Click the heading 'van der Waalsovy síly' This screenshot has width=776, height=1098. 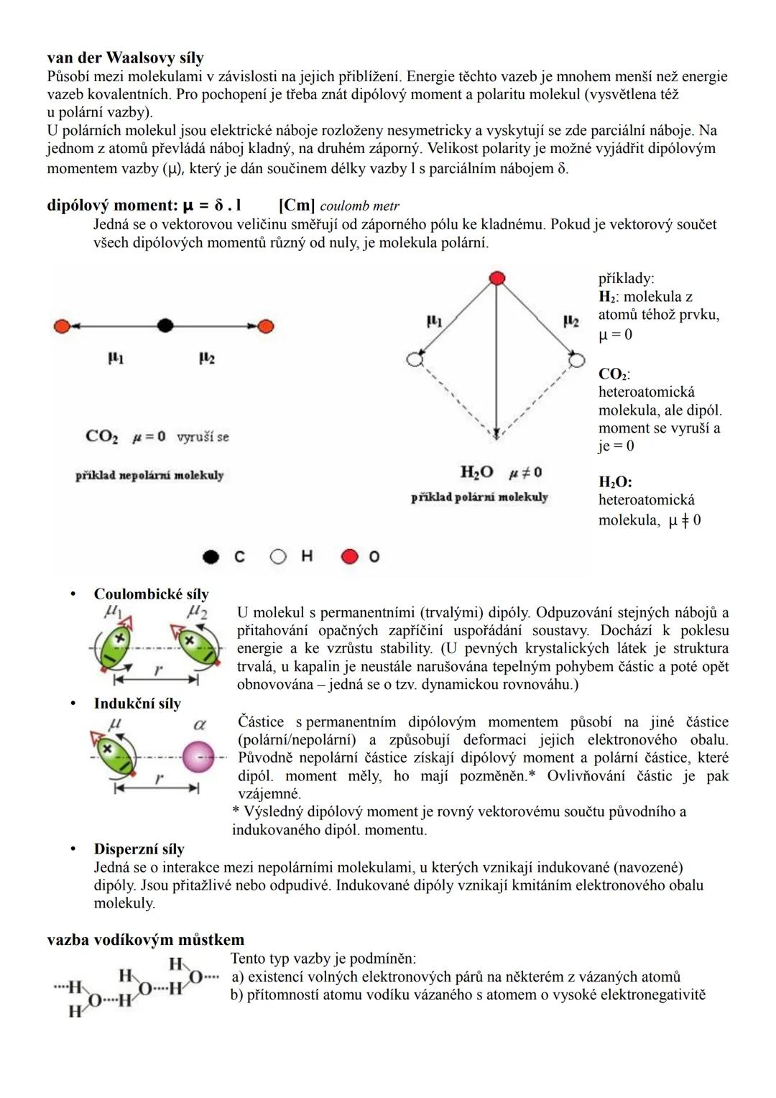click(125, 57)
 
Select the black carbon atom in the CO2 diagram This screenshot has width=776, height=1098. click(165, 326)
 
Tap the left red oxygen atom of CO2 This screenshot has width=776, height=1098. click(62, 326)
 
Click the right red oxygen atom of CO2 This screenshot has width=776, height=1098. click(267, 326)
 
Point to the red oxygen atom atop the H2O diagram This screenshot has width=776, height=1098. click(496, 278)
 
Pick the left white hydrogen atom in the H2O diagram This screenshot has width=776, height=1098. click(414, 359)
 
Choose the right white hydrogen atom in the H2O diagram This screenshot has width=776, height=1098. click(577, 360)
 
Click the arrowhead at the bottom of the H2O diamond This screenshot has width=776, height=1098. click(496, 433)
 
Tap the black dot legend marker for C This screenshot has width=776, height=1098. click(211, 557)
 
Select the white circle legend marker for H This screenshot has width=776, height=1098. click(278, 557)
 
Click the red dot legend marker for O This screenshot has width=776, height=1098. click(350, 557)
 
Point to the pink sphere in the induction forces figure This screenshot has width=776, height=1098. click(198, 757)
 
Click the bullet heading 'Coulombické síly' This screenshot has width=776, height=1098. click(151, 594)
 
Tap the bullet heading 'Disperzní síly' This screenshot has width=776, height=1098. click(139, 849)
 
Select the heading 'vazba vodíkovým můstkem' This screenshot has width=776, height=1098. click(145, 940)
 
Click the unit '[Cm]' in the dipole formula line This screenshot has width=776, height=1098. click(296, 206)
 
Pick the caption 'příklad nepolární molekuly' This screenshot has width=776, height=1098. click(149, 476)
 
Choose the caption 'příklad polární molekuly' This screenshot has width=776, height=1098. click(479, 497)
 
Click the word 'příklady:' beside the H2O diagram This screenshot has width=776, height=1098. click(626, 279)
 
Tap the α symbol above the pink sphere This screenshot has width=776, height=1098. click(200, 724)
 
